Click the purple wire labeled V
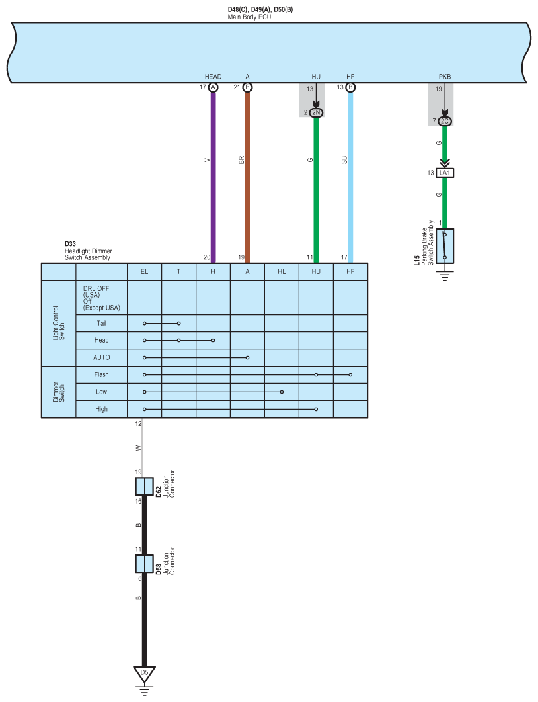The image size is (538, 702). (x=213, y=177)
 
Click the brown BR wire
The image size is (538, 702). (x=247, y=177)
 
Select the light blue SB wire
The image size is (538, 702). (x=350, y=177)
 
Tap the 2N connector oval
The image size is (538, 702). (x=316, y=113)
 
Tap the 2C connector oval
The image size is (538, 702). (x=445, y=121)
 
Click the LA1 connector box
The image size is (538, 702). (x=445, y=173)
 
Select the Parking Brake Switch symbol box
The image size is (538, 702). (x=445, y=246)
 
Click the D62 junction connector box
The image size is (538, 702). (x=145, y=486)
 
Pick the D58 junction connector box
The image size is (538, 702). (x=145, y=564)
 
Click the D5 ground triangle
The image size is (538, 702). (x=145, y=674)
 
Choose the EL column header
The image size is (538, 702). (x=145, y=272)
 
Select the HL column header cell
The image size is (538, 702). (x=282, y=272)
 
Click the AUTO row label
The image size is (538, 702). (x=102, y=357)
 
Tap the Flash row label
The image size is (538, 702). (x=102, y=374)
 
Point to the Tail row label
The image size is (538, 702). (x=102, y=324)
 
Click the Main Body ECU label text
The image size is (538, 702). (x=249, y=17)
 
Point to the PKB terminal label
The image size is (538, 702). (x=445, y=77)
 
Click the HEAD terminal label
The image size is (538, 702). (x=213, y=77)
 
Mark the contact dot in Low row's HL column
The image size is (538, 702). (x=282, y=392)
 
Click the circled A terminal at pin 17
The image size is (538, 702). (x=213, y=87)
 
